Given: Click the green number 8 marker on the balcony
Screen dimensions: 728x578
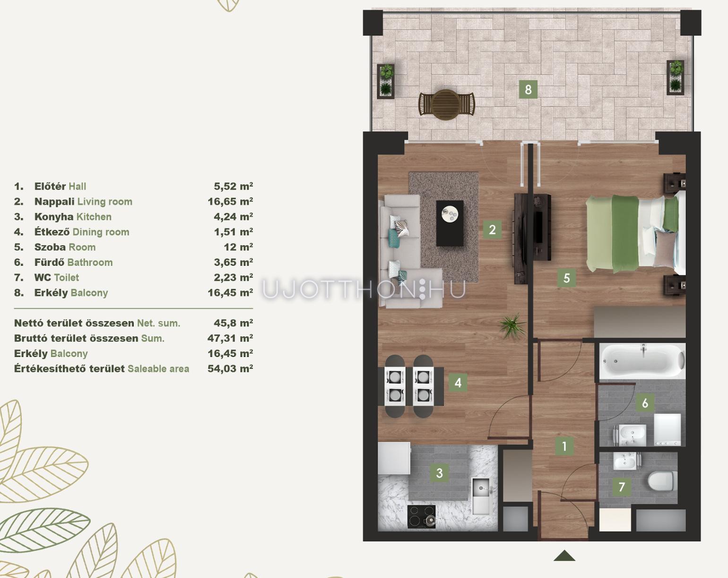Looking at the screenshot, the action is tap(528, 89).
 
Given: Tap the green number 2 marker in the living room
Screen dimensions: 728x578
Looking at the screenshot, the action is tap(492, 230).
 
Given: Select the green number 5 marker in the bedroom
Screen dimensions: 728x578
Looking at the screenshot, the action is tap(567, 278).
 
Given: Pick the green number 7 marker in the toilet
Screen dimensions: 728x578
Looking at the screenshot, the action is tap(622, 487).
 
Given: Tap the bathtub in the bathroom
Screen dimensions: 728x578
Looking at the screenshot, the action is tap(642, 361).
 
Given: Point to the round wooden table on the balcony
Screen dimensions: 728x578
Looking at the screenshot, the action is tap(447, 105).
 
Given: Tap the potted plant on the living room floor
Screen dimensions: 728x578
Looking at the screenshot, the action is tap(513, 326).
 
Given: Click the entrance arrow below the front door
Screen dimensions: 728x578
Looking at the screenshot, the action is tap(564, 556).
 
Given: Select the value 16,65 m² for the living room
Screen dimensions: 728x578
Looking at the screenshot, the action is tap(230, 202).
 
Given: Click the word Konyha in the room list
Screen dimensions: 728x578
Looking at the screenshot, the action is tap(54, 217).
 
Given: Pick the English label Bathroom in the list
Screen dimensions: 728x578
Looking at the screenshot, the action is tap(90, 262).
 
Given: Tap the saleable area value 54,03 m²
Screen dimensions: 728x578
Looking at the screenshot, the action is tap(230, 368).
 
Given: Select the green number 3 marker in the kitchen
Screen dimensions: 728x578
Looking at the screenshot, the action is tap(440, 473).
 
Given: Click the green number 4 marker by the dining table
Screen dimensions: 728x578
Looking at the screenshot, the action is tap(458, 382).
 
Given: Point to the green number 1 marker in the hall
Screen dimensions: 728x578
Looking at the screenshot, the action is tap(564, 446).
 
